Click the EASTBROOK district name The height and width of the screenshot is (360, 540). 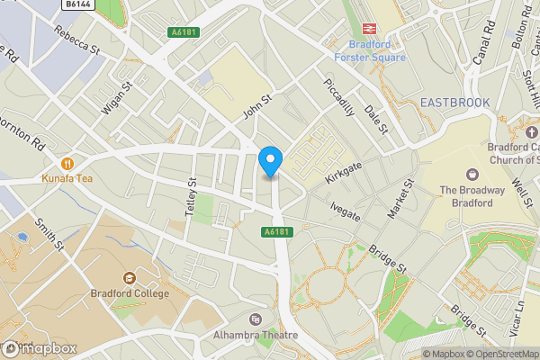tap(454, 103)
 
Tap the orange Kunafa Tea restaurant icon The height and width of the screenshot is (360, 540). tap(67, 164)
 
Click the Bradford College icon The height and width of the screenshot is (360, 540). tap(129, 277)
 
